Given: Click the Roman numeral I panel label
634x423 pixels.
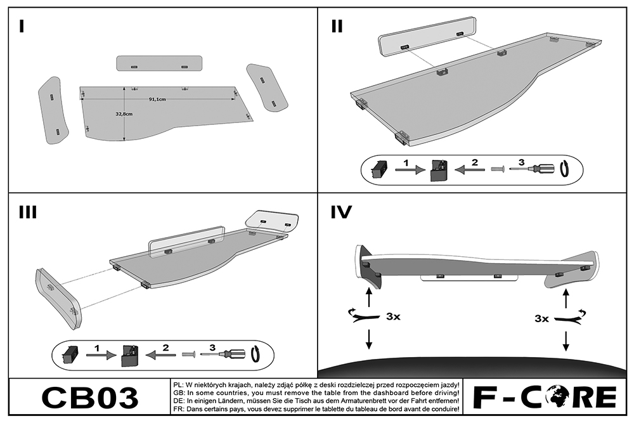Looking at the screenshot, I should (22, 26).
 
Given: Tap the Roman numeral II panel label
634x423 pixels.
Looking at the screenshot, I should (337, 26).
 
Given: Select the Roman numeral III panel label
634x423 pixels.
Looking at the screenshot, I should (27, 212).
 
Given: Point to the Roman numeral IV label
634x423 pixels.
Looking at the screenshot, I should (342, 212).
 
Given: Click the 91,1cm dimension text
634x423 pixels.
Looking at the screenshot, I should (157, 100).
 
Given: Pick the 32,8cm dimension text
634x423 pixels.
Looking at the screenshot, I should (124, 114).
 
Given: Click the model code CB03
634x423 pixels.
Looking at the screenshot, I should (89, 398).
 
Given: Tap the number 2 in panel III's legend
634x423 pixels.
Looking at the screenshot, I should (165, 347).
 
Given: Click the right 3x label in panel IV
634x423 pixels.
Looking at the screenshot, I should (541, 318).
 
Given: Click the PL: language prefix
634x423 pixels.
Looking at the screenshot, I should (179, 385).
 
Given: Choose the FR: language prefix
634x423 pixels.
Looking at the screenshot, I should (179, 410).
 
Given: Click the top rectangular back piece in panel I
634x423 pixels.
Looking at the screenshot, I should (159, 64).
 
